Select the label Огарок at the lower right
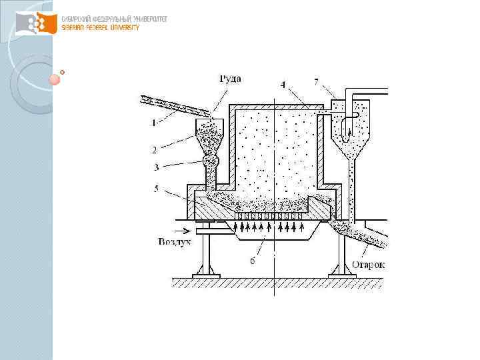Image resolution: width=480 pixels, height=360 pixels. [x=368, y=265]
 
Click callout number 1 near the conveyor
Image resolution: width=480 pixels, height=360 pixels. [x=154, y=122]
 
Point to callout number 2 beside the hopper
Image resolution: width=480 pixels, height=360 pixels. [x=154, y=150]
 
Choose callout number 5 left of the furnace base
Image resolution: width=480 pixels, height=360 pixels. [x=155, y=189]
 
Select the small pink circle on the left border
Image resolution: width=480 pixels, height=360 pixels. [x=55, y=79]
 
